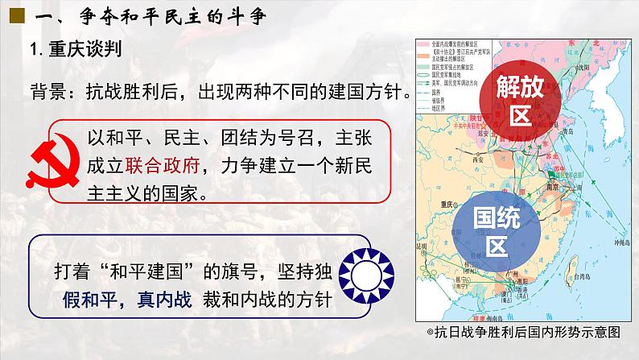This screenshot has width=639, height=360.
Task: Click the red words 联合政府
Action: pyautogui.click(x=159, y=167)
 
